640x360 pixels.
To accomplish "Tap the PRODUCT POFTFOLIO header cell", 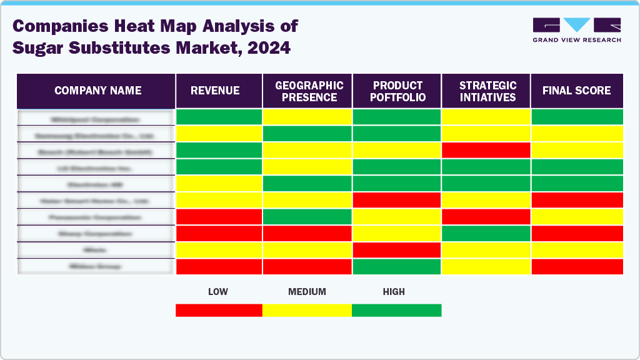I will [397, 91].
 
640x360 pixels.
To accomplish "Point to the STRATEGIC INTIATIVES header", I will [487, 91].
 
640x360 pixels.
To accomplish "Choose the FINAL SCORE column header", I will [576, 91].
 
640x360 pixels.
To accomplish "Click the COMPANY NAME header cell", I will [97, 91].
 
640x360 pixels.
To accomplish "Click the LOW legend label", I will [217, 292].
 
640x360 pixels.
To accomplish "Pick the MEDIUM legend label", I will [307, 292].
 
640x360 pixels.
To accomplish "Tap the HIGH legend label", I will [394, 292].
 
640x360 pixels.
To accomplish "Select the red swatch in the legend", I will [219, 311].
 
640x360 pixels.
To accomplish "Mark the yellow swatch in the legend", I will [307, 311].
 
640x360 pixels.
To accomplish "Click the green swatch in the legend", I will [396, 311].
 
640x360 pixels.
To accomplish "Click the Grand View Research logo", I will [576, 30].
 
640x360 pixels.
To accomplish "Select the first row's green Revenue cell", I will [219, 117].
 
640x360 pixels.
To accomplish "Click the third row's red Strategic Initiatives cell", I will [487, 150].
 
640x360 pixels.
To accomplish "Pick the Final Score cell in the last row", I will [576, 266].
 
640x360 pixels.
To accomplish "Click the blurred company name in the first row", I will [95, 118].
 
